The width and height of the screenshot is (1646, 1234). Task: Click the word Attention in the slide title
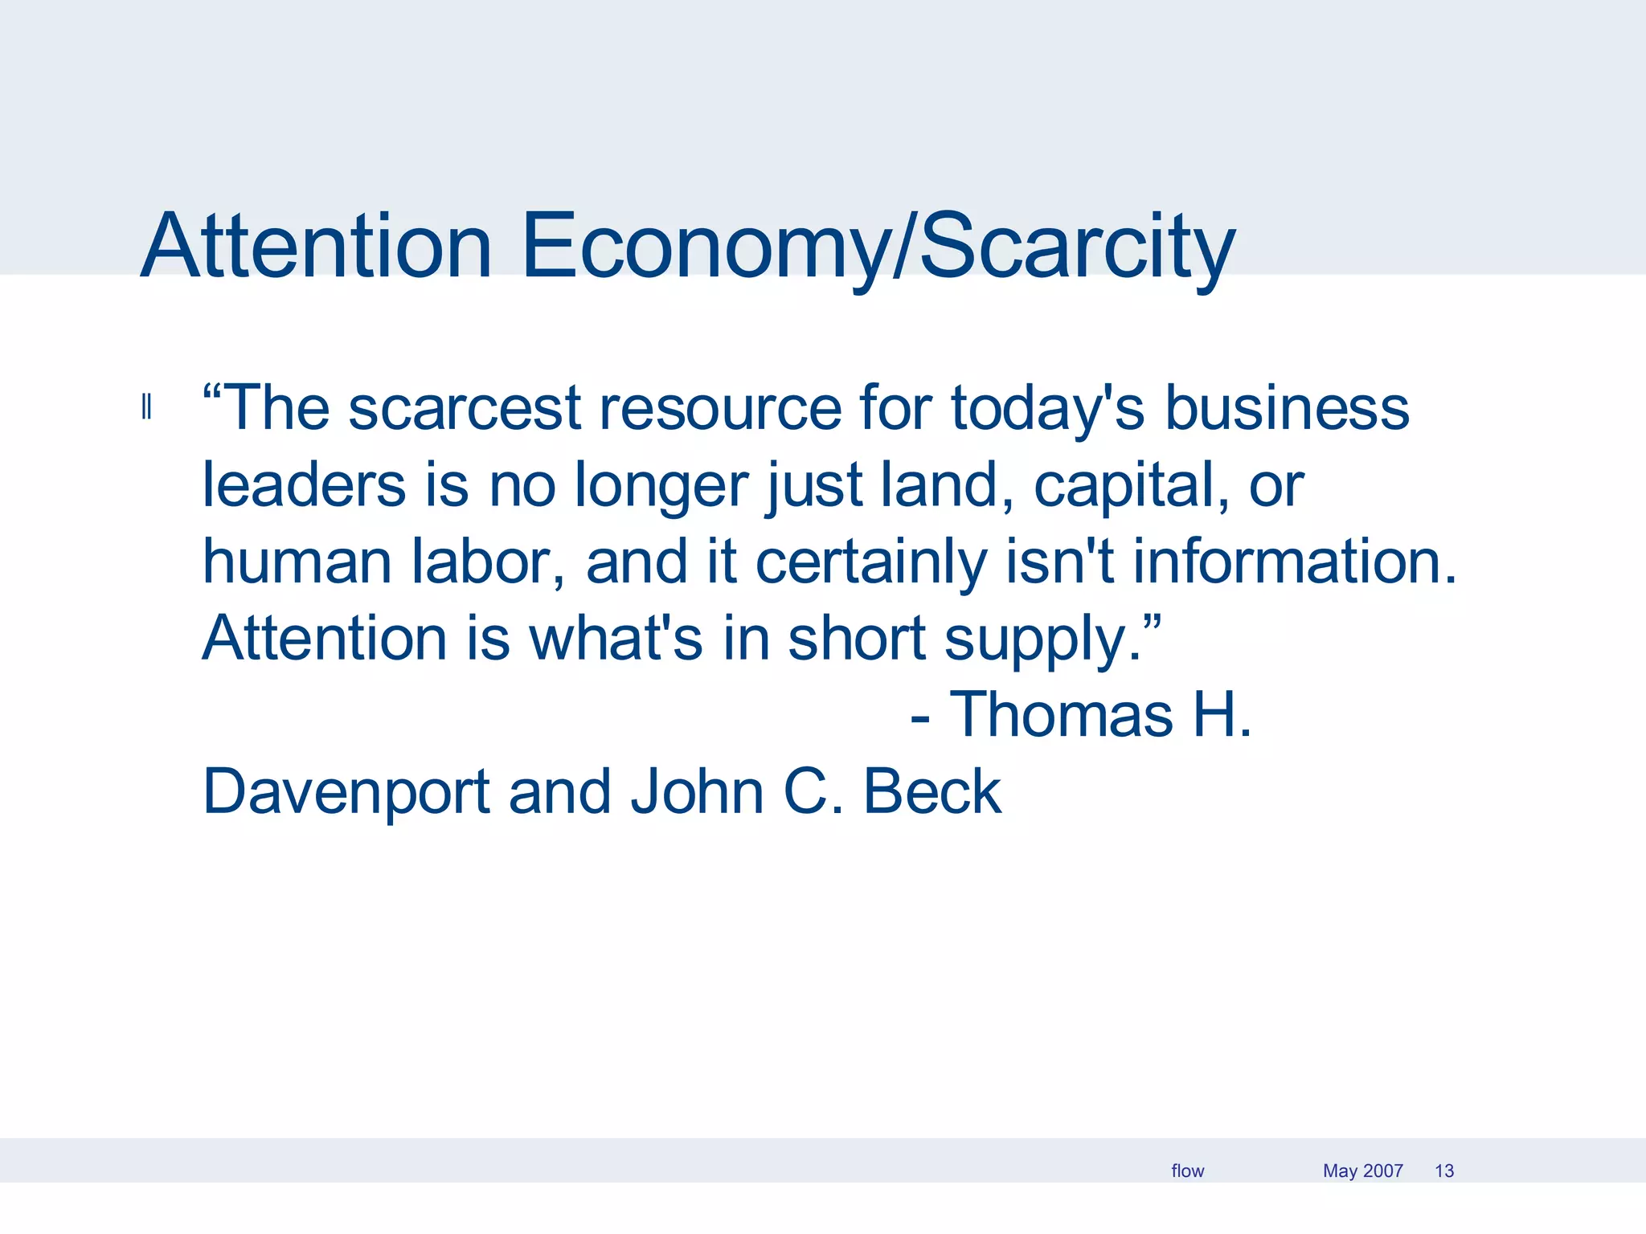tap(316, 246)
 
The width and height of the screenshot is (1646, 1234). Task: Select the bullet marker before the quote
tap(146, 407)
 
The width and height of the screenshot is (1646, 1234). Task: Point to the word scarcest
tap(465, 408)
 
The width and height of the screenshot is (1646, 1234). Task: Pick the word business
tap(1287, 408)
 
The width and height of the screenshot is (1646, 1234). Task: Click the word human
tap(297, 562)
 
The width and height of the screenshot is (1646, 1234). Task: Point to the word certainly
tap(871, 562)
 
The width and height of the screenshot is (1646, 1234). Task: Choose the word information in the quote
tap(1294, 562)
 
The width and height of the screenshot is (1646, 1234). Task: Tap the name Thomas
tap(1061, 715)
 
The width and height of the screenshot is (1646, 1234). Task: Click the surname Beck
tap(932, 792)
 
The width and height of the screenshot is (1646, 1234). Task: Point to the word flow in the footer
tap(1187, 1171)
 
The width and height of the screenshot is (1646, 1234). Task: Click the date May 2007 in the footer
tap(1362, 1171)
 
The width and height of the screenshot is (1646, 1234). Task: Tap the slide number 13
tap(1444, 1171)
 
